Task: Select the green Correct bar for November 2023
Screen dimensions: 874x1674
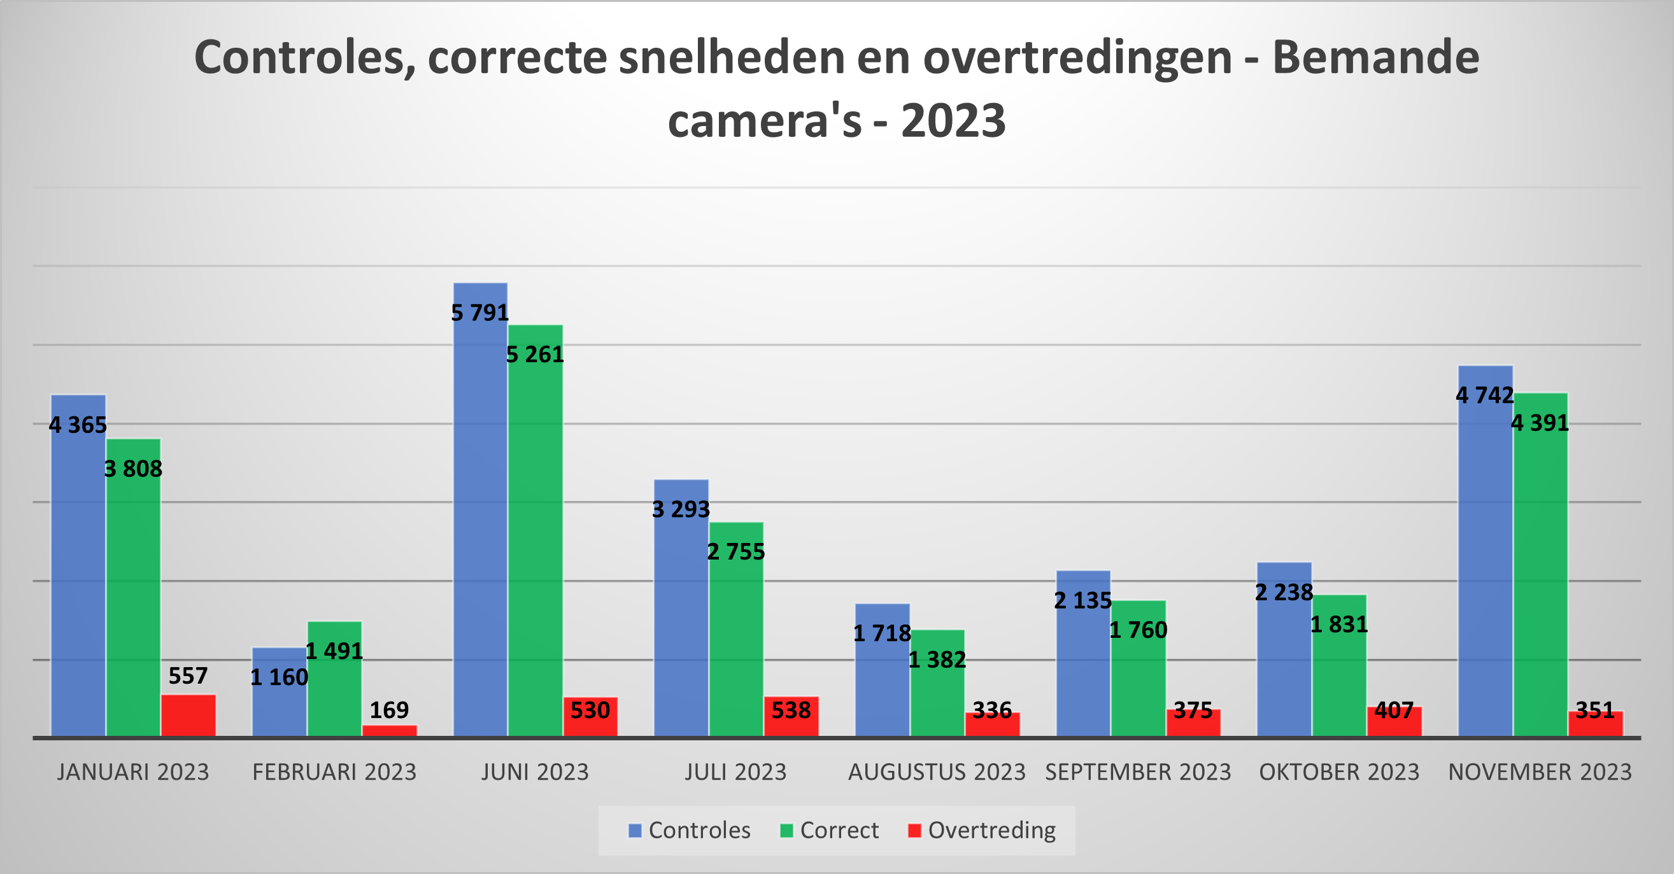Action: [1540, 572]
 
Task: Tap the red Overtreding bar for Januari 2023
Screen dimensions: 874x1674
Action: [188, 715]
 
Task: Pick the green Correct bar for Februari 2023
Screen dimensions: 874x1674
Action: [334, 689]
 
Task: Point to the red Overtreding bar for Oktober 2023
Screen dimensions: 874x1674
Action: [1394, 722]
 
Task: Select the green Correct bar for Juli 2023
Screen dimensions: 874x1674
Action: [735, 637]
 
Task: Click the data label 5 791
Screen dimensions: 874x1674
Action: [480, 313]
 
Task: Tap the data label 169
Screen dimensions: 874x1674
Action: [389, 710]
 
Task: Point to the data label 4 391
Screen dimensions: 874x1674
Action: [1540, 424]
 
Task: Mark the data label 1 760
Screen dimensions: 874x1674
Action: [1138, 630]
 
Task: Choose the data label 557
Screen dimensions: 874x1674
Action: [188, 677]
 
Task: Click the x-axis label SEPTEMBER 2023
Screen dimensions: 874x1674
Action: [1138, 772]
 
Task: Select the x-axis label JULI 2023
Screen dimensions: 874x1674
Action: [735, 772]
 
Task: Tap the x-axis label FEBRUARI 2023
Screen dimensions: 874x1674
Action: [334, 772]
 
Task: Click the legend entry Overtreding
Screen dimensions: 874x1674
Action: [991, 831]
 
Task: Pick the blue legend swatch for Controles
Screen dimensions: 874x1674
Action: [635, 831]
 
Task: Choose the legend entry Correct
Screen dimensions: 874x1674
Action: [839, 831]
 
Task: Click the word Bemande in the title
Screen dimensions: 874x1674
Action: [1376, 59]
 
